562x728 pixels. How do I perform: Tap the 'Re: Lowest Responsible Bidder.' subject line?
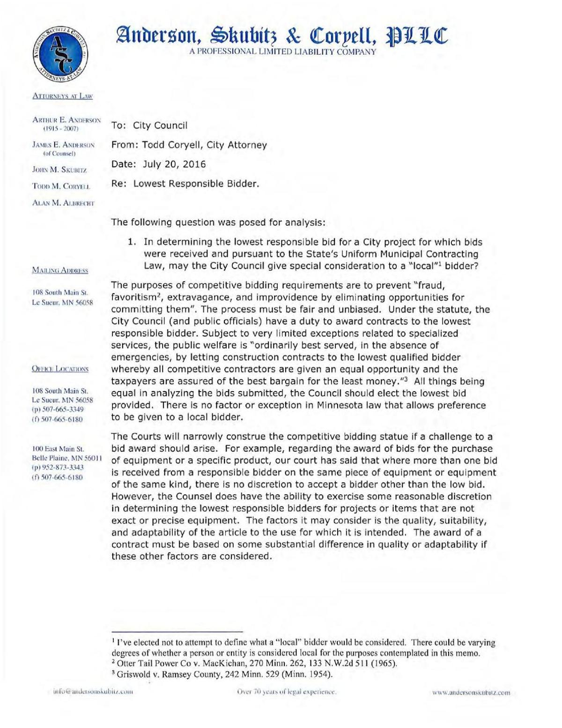(x=185, y=184)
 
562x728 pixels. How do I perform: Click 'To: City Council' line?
(x=149, y=126)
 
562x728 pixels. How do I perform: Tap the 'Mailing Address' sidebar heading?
(x=60, y=270)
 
